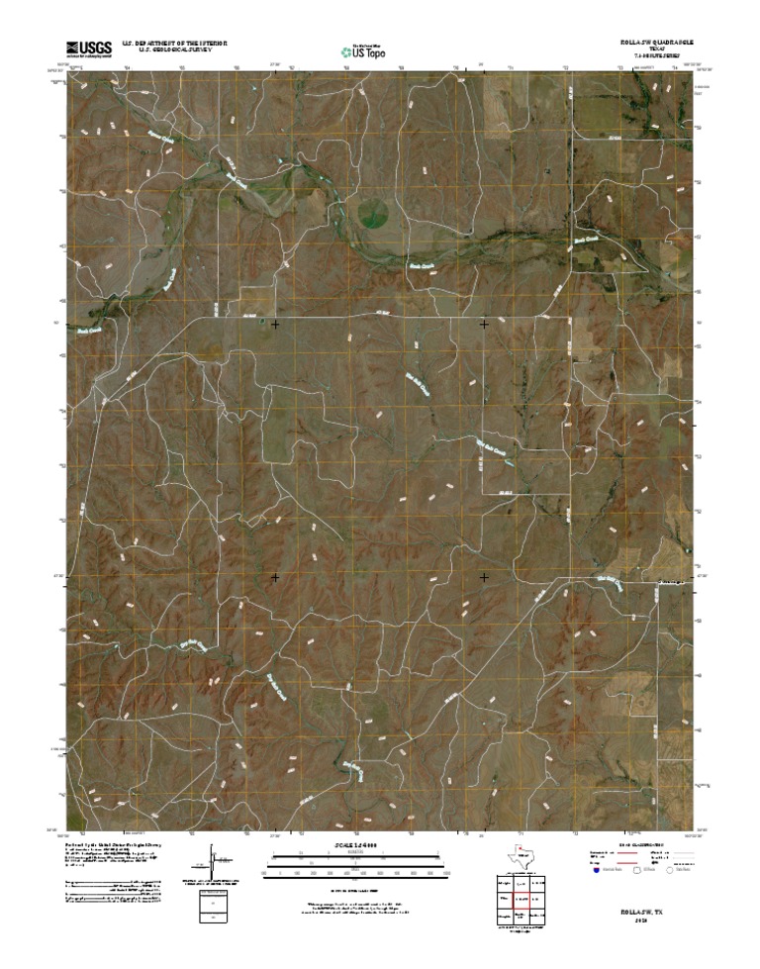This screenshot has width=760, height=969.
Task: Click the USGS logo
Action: pyautogui.click(x=88, y=48)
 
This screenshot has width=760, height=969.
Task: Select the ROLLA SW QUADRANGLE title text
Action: pyautogui.click(x=650, y=44)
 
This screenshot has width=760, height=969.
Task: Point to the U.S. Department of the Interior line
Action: pyautogui.click(x=176, y=44)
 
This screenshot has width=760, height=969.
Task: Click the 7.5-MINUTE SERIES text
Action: pyautogui.click(x=650, y=57)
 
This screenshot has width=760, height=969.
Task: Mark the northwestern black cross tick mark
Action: pyautogui.click(x=275, y=324)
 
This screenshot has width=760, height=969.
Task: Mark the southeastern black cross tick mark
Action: pyautogui.click(x=484, y=576)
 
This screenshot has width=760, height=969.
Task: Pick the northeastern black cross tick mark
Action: pyautogui.click(x=484, y=324)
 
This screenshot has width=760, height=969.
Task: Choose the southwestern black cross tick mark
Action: pyautogui.click(x=275, y=576)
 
